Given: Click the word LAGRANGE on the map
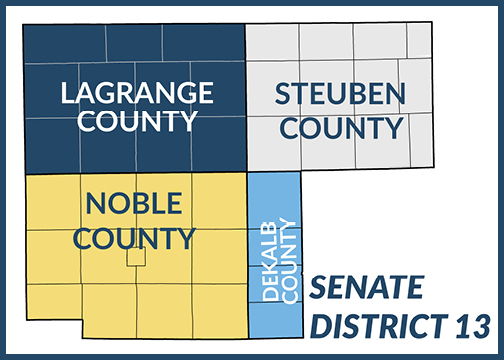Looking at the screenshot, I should pyautogui.click(x=136, y=93).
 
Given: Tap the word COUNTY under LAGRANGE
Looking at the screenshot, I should pyautogui.click(x=136, y=122).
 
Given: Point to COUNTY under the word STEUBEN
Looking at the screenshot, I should pyautogui.click(x=341, y=128).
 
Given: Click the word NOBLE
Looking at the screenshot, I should pyautogui.click(x=134, y=204).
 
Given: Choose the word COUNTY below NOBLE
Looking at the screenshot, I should pyautogui.click(x=134, y=238).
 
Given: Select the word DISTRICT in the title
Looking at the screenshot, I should pyautogui.click(x=372, y=326).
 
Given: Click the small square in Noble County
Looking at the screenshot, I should pyautogui.click(x=136, y=257).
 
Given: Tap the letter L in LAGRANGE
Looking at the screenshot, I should pyautogui.click(x=67, y=93).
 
